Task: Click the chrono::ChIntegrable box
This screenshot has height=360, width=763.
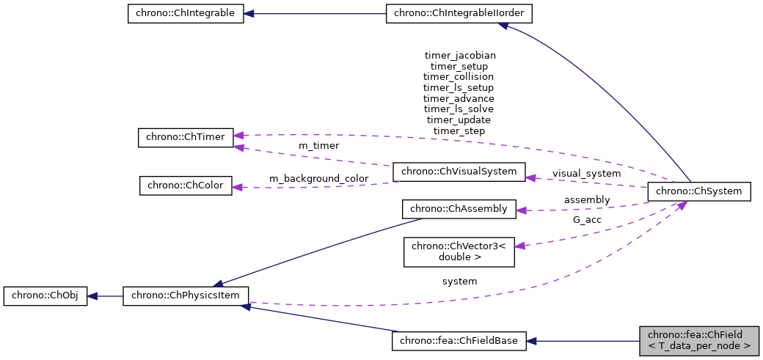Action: coord(185,14)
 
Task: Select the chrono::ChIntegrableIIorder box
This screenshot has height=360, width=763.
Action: coord(459,14)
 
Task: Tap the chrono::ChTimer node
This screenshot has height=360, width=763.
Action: coord(185,137)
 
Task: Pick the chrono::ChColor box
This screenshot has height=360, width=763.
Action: coord(186,185)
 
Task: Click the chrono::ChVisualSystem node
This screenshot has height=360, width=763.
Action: coord(459,172)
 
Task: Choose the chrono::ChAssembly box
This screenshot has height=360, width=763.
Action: coord(459,209)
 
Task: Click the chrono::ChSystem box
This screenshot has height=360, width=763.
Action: coord(699,192)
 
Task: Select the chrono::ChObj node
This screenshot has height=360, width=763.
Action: coord(45,296)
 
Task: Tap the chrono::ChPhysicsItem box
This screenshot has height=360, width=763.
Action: coord(186,296)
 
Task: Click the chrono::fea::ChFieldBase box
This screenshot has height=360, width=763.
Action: coord(459,341)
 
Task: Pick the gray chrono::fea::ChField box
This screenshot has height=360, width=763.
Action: coord(699,340)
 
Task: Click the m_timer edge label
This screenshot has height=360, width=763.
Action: coord(318,146)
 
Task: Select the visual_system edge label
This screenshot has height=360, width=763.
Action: coord(586,174)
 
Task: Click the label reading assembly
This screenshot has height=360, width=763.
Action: coord(586,199)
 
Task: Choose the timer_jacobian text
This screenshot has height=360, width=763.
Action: coord(460,55)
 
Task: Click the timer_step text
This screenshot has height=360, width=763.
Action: coord(459,131)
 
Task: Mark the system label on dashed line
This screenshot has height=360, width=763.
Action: coord(459,281)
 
